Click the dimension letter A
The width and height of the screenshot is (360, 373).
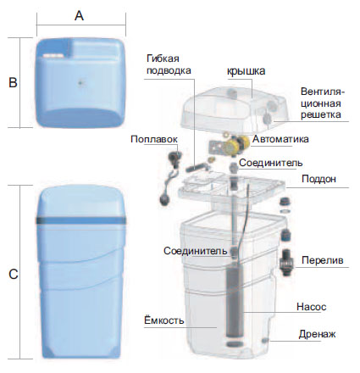(x=79, y=15)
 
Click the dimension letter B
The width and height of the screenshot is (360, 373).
(x=13, y=82)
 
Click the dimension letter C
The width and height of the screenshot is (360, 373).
(x=14, y=274)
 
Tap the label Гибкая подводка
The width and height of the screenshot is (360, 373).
(x=169, y=64)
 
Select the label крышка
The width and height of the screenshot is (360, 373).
(x=246, y=70)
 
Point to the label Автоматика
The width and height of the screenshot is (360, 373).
(x=280, y=139)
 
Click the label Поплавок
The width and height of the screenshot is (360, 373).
(x=154, y=139)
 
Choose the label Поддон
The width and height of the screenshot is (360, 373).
(x=318, y=179)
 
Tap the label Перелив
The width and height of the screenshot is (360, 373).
(x=323, y=260)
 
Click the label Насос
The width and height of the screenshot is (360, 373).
(x=312, y=307)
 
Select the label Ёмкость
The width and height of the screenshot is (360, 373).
(x=164, y=320)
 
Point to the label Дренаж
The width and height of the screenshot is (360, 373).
(x=318, y=334)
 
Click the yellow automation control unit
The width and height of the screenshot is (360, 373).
(x=235, y=143)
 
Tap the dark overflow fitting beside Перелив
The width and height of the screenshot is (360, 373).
(x=286, y=262)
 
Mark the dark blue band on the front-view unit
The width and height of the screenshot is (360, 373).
(x=81, y=220)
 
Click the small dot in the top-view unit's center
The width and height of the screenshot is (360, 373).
(x=81, y=83)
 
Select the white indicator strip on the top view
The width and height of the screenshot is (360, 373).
(x=53, y=56)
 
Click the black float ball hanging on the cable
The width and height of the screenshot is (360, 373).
(x=165, y=200)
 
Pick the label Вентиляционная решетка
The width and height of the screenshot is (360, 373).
(x=322, y=103)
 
